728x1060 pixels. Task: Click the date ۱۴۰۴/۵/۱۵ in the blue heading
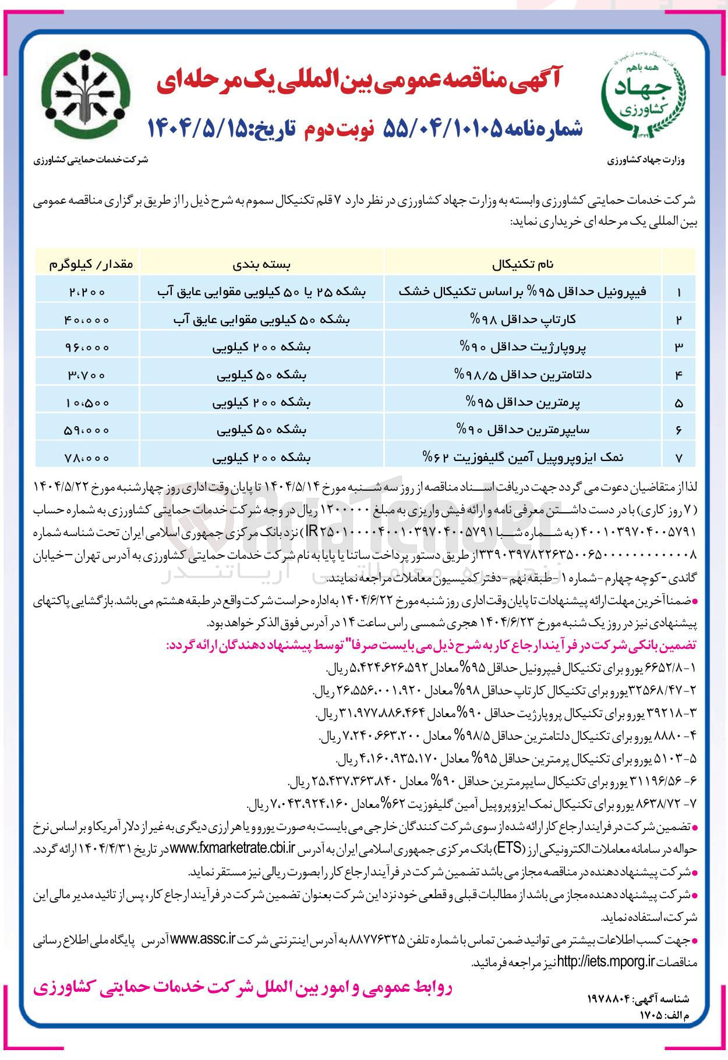pos(198,127)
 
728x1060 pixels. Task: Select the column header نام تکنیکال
pos(522,264)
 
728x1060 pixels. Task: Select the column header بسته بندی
pos(261,264)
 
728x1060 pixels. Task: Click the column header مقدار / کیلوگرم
pos(87,264)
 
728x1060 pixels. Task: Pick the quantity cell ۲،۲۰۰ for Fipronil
pos(87,292)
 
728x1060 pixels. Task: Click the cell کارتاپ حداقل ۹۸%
pos(522,320)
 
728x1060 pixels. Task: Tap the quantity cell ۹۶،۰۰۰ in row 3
pos(87,347)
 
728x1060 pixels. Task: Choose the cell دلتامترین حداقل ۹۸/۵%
pos(522,374)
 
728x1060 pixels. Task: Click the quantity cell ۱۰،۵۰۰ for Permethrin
pos(87,402)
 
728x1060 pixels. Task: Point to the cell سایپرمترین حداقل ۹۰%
pos(522,430)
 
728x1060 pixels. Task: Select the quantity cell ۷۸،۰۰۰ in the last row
pos(87,458)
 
